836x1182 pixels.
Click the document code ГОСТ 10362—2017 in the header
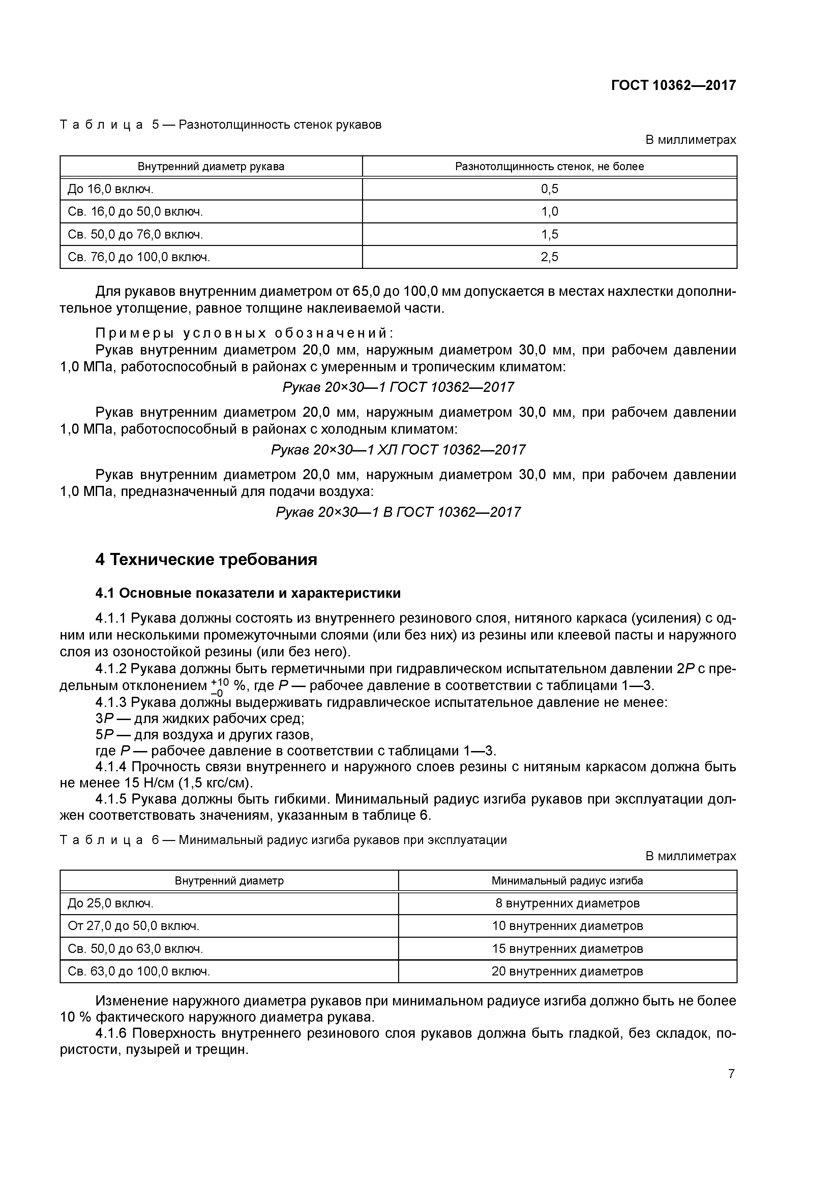pos(673,85)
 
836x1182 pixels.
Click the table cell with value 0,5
pos(549,189)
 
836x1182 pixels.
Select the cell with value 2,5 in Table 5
pos(549,257)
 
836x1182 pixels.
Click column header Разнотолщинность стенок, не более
pos(549,166)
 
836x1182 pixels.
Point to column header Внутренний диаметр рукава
pos(211,166)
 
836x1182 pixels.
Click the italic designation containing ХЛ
pos(398,450)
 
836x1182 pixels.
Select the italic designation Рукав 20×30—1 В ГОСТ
pos(398,512)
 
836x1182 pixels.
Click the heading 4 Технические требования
pos(206,560)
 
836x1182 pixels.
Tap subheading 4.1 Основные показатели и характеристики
pos(248,593)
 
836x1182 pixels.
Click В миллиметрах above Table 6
pos(691,856)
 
